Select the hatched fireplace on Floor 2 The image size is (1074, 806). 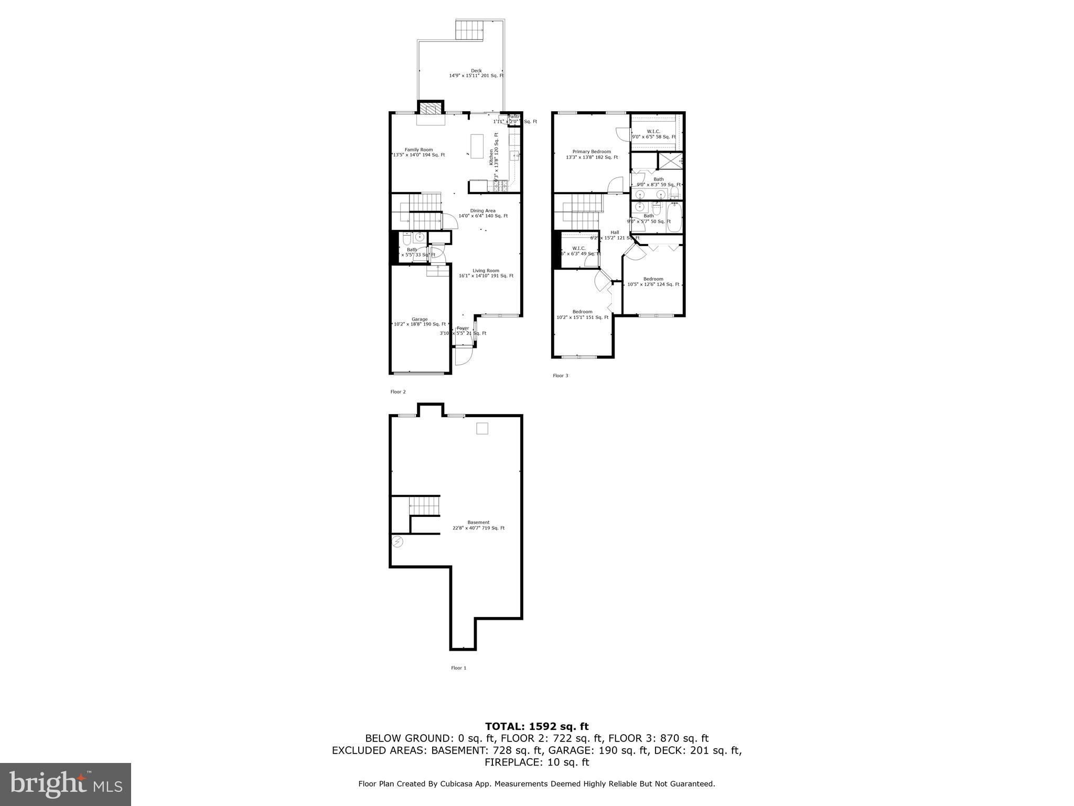coord(431,109)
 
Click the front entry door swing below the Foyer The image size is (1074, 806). coord(463,356)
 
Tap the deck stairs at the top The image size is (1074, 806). coord(468,29)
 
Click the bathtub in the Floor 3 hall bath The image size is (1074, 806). coord(675,218)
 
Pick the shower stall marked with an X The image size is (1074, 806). coord(671,161)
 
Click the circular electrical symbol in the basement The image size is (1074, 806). coord(398,542)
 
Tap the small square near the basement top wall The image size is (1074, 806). coord(482,429)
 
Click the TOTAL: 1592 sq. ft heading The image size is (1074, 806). coord(536,726)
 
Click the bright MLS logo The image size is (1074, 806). coord(66,784)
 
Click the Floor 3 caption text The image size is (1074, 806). coord(560,376)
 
